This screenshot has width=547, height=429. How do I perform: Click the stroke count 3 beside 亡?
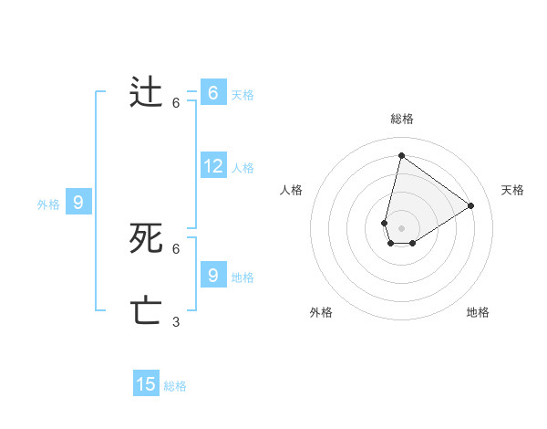pos(176,321)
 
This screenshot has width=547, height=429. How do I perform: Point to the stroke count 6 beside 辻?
pos(176,103)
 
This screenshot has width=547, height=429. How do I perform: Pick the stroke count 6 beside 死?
pos(176,248)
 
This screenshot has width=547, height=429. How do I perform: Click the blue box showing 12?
pos(213,166)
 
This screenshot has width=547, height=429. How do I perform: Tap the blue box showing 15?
pos(146,384)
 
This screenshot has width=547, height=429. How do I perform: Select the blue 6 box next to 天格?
pos(213,93)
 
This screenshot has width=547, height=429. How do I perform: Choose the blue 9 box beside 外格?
pos(78,203)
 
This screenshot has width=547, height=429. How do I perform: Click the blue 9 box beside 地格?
pos(213,274)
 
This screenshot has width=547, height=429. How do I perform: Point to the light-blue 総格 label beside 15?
pos(175,386)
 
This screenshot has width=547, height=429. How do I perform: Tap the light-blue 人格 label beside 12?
pos(243,168)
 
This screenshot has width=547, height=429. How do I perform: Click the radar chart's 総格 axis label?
pos(401,119)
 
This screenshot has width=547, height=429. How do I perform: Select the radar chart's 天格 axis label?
pos(512,190)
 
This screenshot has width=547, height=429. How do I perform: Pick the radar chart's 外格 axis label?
pos(321,312)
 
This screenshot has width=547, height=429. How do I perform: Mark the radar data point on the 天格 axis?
pos(471,205)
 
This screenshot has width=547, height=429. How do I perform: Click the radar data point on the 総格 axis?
pos(401,155)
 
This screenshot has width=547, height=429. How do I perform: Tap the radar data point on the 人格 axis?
pos(385,223)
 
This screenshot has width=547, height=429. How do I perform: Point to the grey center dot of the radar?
pos(401,228)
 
